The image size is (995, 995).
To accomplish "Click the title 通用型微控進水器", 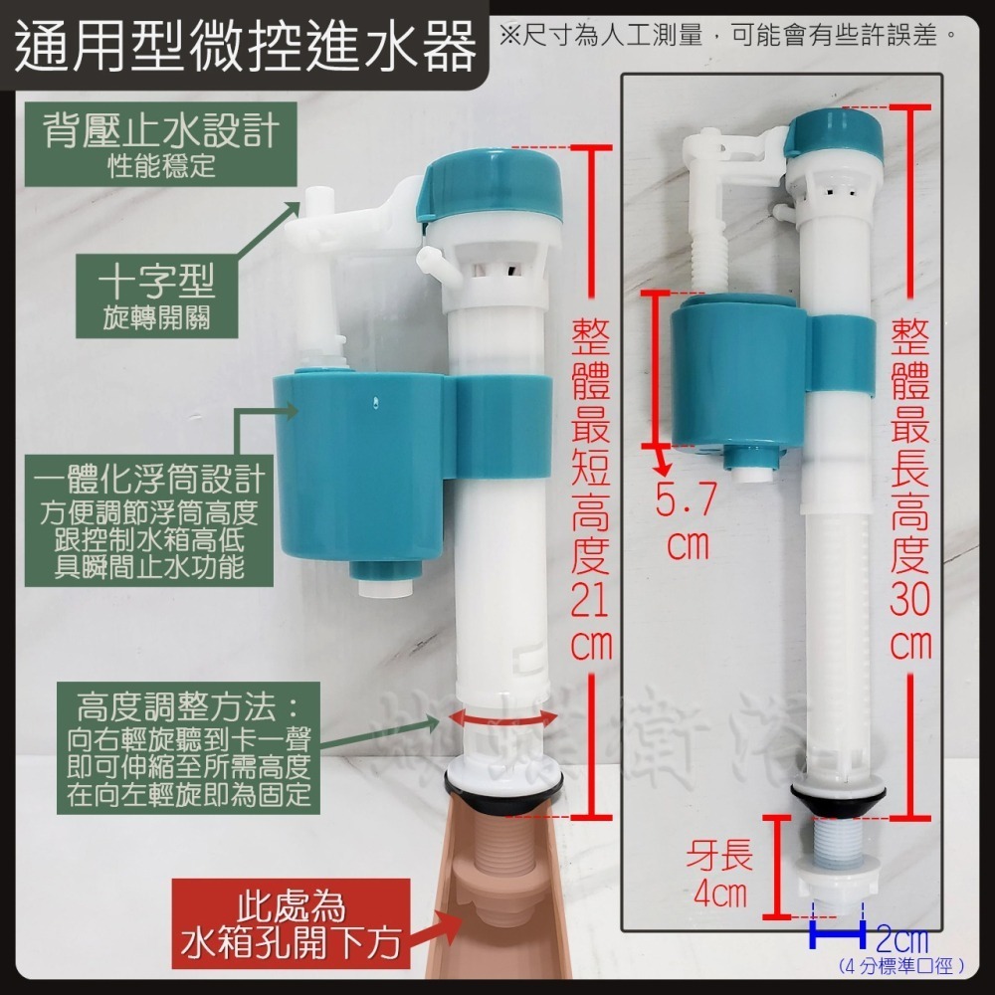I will click(247, 45).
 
